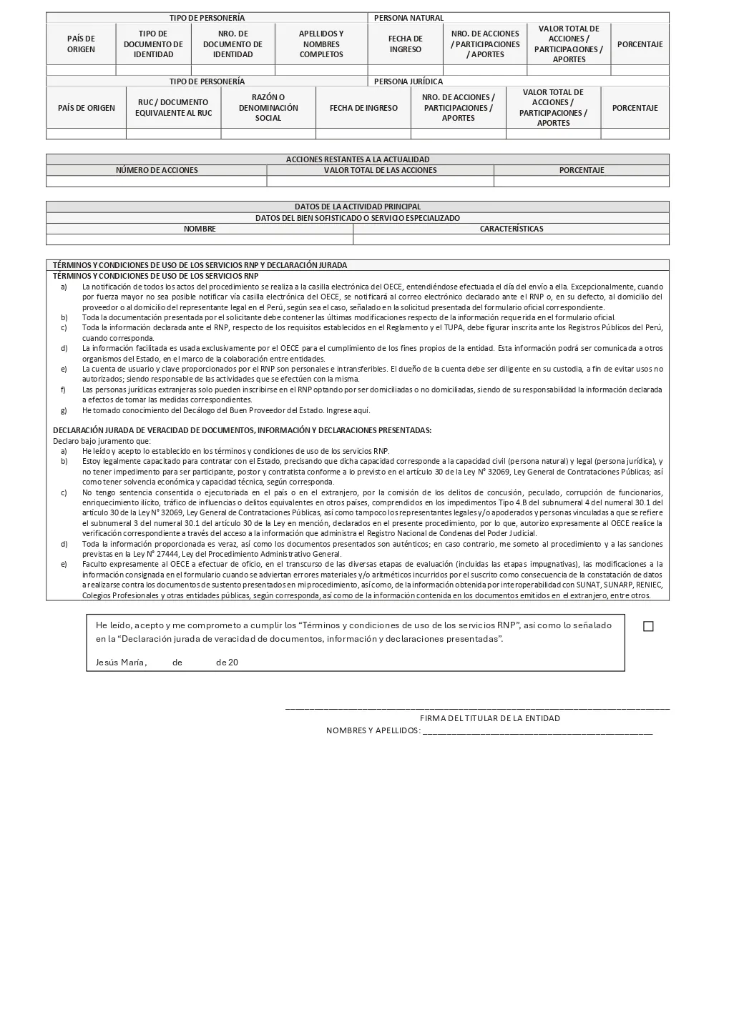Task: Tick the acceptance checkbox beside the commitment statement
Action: pos(648,626)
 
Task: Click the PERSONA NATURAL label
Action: pos(408,18)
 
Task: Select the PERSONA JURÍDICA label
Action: pos(408,81)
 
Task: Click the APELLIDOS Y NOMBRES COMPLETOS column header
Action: pos(321,44)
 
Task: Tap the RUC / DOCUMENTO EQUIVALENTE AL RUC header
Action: pos(174,108)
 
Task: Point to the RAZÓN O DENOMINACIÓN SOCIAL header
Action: pos(268,108)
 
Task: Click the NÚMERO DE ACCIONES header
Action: pos(157,170)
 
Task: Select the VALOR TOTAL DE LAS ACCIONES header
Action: pos(380,170)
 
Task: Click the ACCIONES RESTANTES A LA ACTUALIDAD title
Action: pos(358,159)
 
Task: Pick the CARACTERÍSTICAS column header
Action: pos(511,229)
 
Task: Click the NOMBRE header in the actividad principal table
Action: pos(200,229)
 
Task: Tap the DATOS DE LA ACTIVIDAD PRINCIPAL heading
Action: pos(358,207)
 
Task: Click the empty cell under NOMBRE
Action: pos(200,239)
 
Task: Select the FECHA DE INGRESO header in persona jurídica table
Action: pos(363,108)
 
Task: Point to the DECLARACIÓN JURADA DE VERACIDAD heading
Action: pos(242,430)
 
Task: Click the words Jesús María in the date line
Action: pos(121,663)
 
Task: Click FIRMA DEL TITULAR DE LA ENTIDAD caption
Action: pos(489,718)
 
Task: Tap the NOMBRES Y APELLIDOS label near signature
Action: pos(373,730)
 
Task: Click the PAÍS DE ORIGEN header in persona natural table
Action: pos(81,44)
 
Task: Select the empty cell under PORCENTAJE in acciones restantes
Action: pos(581,182)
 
